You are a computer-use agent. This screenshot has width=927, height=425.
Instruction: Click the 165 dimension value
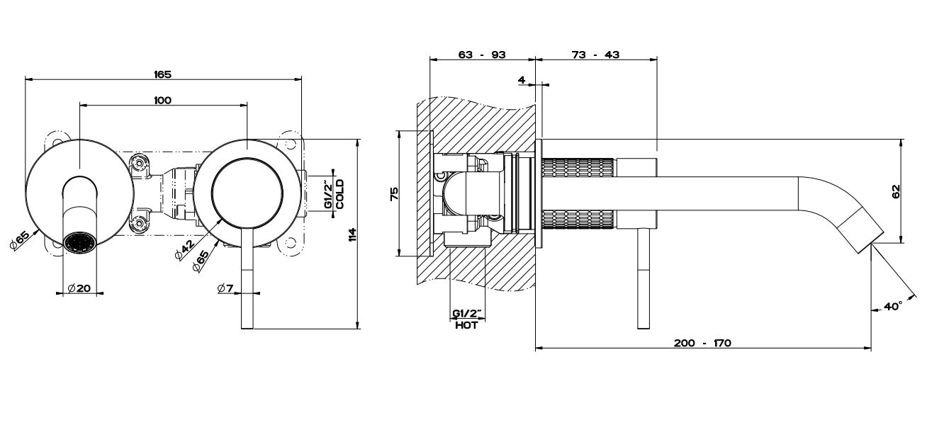coord(163,74)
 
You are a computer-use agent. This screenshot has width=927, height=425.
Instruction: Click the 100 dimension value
coord(162,101)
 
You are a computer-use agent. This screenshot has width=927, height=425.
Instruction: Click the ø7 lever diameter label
coord(226,288)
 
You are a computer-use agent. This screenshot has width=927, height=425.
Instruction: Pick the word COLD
coord(340,193)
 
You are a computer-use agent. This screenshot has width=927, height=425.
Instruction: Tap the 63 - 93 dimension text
coord(482,55)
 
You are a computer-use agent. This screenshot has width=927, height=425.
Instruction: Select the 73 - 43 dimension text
coord(595,55)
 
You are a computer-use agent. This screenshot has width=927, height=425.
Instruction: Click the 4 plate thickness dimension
coord(522,80)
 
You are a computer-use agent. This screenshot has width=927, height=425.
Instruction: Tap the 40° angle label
coord(893,307)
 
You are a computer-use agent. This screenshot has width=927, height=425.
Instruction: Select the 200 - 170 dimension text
coord(702,343)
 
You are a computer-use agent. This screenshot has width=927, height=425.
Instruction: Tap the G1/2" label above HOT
coord(466,313)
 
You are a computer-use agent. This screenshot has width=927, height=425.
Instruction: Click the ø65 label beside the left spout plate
coord(18,240)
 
